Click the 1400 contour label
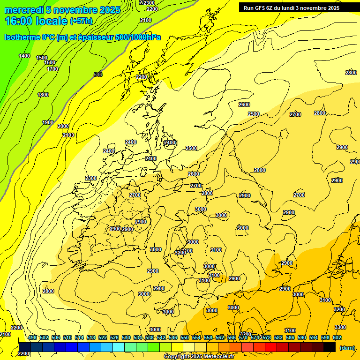click(x=24, y=56)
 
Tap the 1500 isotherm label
click(x=42, y=58)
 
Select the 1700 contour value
click(x=52, y=69)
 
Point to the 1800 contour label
click(x=43, y=95)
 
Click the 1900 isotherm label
click(x=48, y=122)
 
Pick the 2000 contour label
click(x=63, y=126)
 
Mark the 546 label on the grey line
click(x=97, y=75)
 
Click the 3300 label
click(x=340, y=327)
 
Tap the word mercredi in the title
click(x=24, y=10)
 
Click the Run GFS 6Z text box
click(x=292, y=8)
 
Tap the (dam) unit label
click(x=347, y=347)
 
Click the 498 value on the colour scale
click(x=32, y=337)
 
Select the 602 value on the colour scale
click(x=337, y=337)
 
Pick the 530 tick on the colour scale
click(x=126, y=337)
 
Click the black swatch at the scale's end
click(x=330, y=347)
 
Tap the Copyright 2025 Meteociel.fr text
click(x=199, y=357)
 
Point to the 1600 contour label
click(x=50, y=62)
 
